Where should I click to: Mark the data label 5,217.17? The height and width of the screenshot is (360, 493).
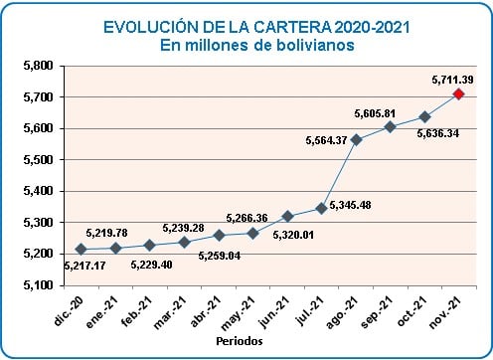pos(84,265)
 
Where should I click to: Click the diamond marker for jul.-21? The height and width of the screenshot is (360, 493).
pos(321,208)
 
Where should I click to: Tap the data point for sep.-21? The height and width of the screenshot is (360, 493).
pos(390,126)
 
